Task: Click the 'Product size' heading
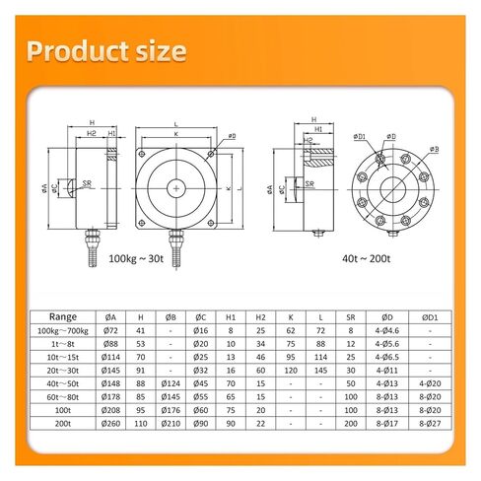(105, 50)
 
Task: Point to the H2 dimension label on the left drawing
(90, 132)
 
